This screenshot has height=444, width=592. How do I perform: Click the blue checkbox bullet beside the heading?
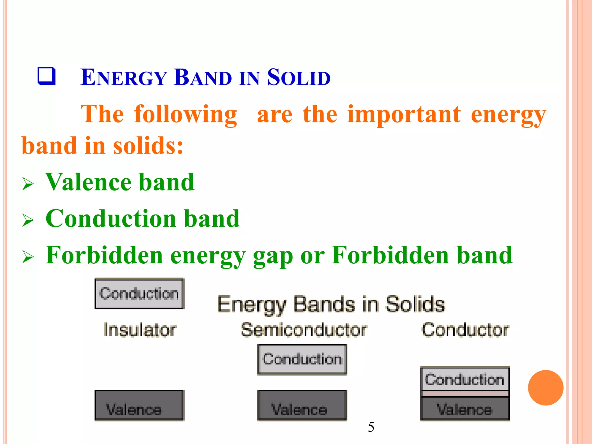47,76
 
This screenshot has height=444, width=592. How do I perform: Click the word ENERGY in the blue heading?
123,77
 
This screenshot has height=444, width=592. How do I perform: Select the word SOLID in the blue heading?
299,77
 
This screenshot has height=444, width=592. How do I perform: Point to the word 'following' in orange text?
186,115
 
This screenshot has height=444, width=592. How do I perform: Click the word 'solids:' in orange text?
148,145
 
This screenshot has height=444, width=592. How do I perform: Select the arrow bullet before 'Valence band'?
28,184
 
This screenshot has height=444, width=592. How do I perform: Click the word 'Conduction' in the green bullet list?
111,219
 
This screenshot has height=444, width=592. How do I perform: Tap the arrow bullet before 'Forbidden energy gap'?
28,257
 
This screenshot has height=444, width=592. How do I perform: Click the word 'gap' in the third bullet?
273,256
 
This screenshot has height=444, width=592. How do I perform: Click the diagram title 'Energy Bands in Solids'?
331,304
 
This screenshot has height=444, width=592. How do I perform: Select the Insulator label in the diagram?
140,330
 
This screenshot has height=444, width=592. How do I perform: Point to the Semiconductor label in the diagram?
304,330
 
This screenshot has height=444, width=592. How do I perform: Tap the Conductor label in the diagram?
465,330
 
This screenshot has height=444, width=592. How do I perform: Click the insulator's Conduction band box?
139,294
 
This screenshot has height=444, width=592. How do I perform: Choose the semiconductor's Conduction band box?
302,359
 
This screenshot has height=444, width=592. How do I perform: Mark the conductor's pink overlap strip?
465,394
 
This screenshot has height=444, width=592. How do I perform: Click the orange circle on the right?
545,388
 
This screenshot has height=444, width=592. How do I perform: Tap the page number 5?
371,427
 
